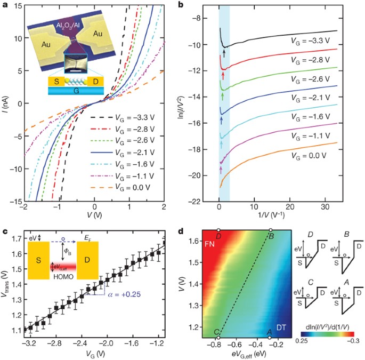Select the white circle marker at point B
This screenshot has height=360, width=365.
click(x=270, y=230)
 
